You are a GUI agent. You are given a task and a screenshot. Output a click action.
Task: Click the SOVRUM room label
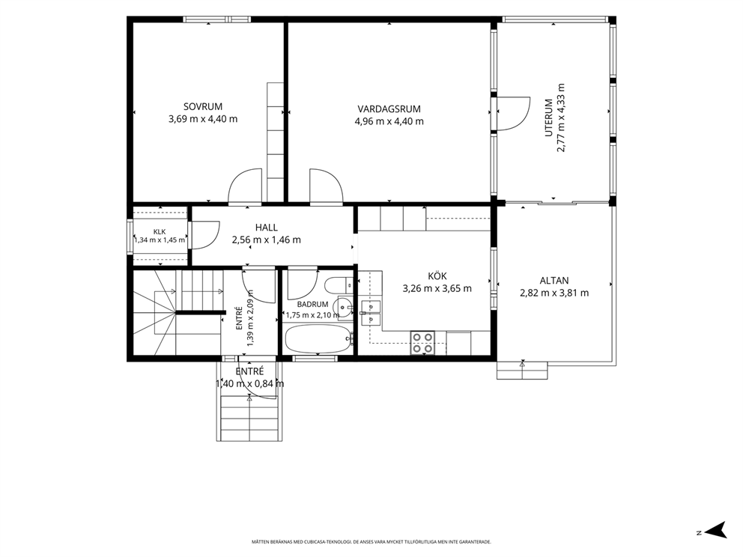tap(203, 107)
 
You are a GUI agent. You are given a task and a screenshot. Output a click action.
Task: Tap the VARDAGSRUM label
tap(389, 109)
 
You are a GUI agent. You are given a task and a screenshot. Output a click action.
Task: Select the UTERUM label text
tap(549, 118)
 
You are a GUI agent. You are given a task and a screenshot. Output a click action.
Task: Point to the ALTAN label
tap(554, 281)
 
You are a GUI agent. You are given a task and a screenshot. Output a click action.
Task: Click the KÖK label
tap(437, 276)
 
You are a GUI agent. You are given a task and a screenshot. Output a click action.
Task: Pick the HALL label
tap(267, 228)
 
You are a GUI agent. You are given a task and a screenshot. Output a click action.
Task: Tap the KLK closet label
tap(160, 231)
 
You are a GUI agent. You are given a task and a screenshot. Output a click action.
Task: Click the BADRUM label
tap(313, 305)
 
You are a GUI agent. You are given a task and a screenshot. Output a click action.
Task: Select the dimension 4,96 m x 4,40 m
tap(389, 121)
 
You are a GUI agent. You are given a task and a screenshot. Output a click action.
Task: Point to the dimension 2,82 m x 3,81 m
tap(554, 293)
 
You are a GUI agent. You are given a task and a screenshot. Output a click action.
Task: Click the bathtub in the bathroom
tap(318, 338)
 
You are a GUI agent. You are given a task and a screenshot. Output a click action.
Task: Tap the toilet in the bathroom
tap(339, 285)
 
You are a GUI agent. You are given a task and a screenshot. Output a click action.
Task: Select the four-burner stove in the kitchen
tap(422, 342)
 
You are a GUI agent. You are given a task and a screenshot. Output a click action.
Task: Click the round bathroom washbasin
tap(344, 308)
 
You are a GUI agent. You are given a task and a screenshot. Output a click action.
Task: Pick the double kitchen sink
tap(371, 314)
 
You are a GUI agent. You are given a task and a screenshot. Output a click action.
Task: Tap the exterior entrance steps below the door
tap(249, 419)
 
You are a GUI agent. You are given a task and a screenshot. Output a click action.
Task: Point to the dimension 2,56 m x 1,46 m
tap(267, 240)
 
